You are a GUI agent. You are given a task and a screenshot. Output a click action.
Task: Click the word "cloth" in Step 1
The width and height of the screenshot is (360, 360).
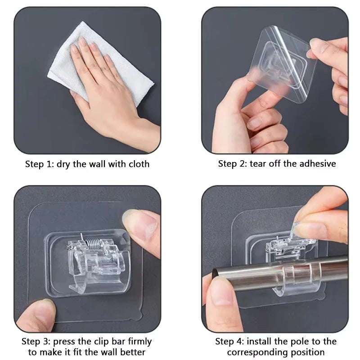click(x=139, y=164)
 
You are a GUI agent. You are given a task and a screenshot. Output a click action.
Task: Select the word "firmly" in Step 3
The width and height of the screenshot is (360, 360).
click(x=140, y=342)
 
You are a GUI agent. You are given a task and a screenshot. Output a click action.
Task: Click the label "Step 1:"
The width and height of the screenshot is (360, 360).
click(x=40, y=164)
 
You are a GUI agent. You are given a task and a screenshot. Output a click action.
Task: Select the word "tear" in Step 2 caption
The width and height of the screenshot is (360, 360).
click(x=258, y=164)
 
